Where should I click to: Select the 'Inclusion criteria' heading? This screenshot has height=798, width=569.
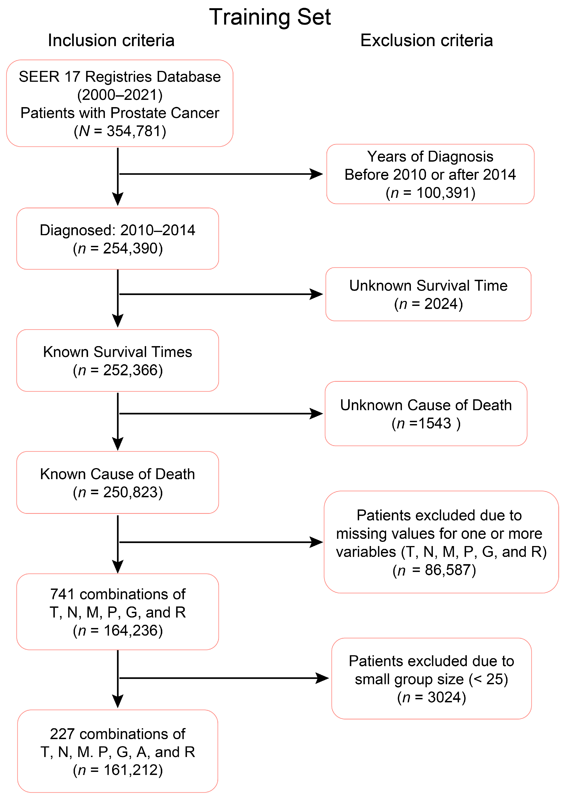(111, 40)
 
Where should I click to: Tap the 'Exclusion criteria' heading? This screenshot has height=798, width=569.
(426, 40)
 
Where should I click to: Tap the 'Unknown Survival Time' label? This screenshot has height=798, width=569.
(428, 286)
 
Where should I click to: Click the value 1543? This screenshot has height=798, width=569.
(435, 423)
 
